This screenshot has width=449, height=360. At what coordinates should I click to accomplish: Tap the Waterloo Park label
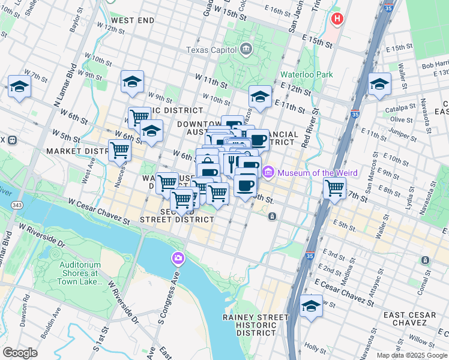tap(307, 75)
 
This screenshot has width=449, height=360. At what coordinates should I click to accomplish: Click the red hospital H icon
tap(337, 19)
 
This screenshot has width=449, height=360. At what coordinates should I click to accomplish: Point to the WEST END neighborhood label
tap(133, 20)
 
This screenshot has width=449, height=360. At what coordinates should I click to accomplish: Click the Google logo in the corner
tap(20, 353)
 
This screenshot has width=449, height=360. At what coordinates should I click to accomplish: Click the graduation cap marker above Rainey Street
tap(311, 307)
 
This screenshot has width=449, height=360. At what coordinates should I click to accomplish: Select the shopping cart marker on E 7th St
tap(334, 188)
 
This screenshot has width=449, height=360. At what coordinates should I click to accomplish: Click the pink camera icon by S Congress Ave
tap(178, 259)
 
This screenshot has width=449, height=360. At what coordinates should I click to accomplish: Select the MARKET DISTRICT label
tap(76, 151)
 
